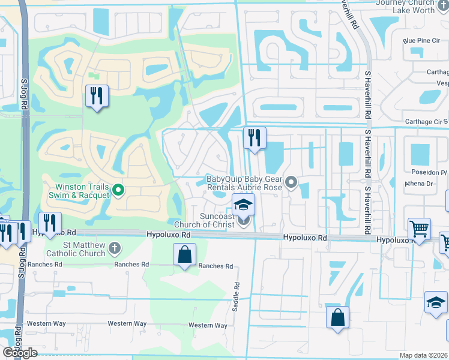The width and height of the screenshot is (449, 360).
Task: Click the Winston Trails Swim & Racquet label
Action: coord(80,190)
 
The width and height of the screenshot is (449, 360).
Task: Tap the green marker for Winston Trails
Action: coord(119,191)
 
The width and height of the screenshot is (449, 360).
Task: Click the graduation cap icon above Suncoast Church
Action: coord(243,205)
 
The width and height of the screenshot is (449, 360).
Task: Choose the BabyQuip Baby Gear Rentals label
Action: coord(244,182)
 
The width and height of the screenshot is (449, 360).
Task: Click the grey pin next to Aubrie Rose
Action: coord(292,181)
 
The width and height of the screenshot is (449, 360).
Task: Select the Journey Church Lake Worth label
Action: coord(411,6)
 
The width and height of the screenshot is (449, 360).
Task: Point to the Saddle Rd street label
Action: coord(236,296)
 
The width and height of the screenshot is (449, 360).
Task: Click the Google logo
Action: coord(20,353)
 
